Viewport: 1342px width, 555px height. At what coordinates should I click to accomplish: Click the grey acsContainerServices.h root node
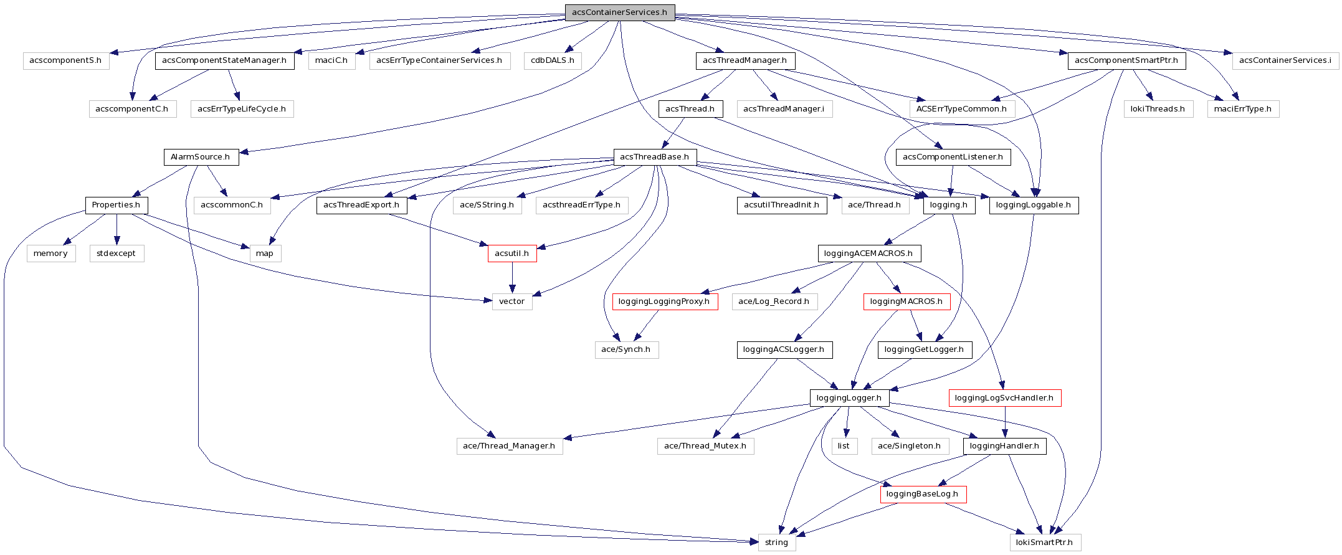tap(619, 12)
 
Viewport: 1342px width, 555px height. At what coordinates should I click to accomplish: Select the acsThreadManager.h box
tap(745, 60)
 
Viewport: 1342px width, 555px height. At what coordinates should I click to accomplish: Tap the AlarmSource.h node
tap(200, 157)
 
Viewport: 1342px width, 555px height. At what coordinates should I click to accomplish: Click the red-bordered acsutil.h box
tap(512, 254)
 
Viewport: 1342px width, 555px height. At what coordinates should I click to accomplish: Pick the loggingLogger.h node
tap(849, 398)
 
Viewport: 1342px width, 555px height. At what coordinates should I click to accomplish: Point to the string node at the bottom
tap(776, 543)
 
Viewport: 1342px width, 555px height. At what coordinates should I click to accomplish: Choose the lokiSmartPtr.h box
tap(1044, 543)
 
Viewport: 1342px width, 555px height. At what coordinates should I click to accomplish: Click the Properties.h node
tap(116, 205)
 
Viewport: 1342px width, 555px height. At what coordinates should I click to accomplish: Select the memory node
tap(50, 254)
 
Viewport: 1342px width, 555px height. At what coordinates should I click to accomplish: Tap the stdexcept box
tap(116, 254)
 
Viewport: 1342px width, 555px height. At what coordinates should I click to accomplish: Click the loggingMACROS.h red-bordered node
tap(906, 301)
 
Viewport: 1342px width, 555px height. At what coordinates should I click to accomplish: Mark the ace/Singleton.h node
tap(909, 446)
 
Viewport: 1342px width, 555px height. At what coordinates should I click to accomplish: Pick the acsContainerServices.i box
tap(1285, 60)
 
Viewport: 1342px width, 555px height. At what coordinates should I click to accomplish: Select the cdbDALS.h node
tap(553, 60)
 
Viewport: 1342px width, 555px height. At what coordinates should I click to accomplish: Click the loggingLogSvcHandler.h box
tap(1004, 398)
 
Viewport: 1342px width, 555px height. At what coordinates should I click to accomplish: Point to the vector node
tap(512, 301)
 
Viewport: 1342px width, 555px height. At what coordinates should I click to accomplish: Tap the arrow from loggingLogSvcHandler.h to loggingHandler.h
tap(1005, 422)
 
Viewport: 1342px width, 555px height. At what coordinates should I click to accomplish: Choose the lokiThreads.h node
tap(1158, 109)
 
